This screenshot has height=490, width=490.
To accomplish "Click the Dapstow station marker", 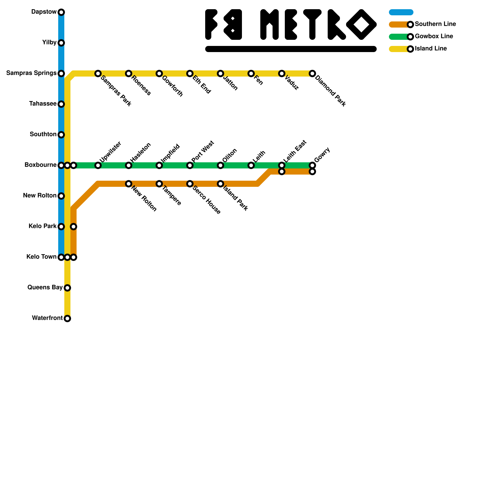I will coord(61,12).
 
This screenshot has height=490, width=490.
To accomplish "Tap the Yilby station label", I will coord(49,43).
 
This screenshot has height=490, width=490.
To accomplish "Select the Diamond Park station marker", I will coord(312,73).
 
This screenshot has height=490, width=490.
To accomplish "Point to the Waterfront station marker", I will coord(67,318).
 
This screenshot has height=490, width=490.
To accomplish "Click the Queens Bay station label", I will coord(45,287).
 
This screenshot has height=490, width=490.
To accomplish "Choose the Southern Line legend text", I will coord(435,24).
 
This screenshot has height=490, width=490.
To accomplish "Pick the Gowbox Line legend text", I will coord(434,36).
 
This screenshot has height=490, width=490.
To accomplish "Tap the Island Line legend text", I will coord(431,49).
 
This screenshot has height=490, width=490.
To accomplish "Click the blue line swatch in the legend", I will coord(401,12).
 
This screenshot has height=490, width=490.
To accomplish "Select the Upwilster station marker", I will coord(98,165).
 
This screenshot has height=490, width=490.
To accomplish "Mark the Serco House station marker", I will coord(190,184).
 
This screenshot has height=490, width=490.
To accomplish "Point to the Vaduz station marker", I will coord(282,73).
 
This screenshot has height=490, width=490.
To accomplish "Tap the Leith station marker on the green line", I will coord(251,165).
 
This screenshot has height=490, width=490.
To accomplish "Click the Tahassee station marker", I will coord(61,104).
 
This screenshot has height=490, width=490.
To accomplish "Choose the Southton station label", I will coord(43,134).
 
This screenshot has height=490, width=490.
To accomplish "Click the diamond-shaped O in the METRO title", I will coord(361,24).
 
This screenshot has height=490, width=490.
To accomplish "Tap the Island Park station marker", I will coord(221,184).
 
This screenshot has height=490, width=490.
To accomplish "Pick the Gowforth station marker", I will coord(159,73).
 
